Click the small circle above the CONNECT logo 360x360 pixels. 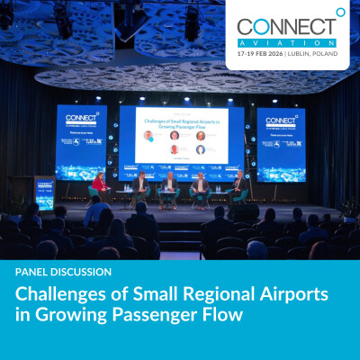tap(340, 12)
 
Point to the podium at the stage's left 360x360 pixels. tap(43, 191)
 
